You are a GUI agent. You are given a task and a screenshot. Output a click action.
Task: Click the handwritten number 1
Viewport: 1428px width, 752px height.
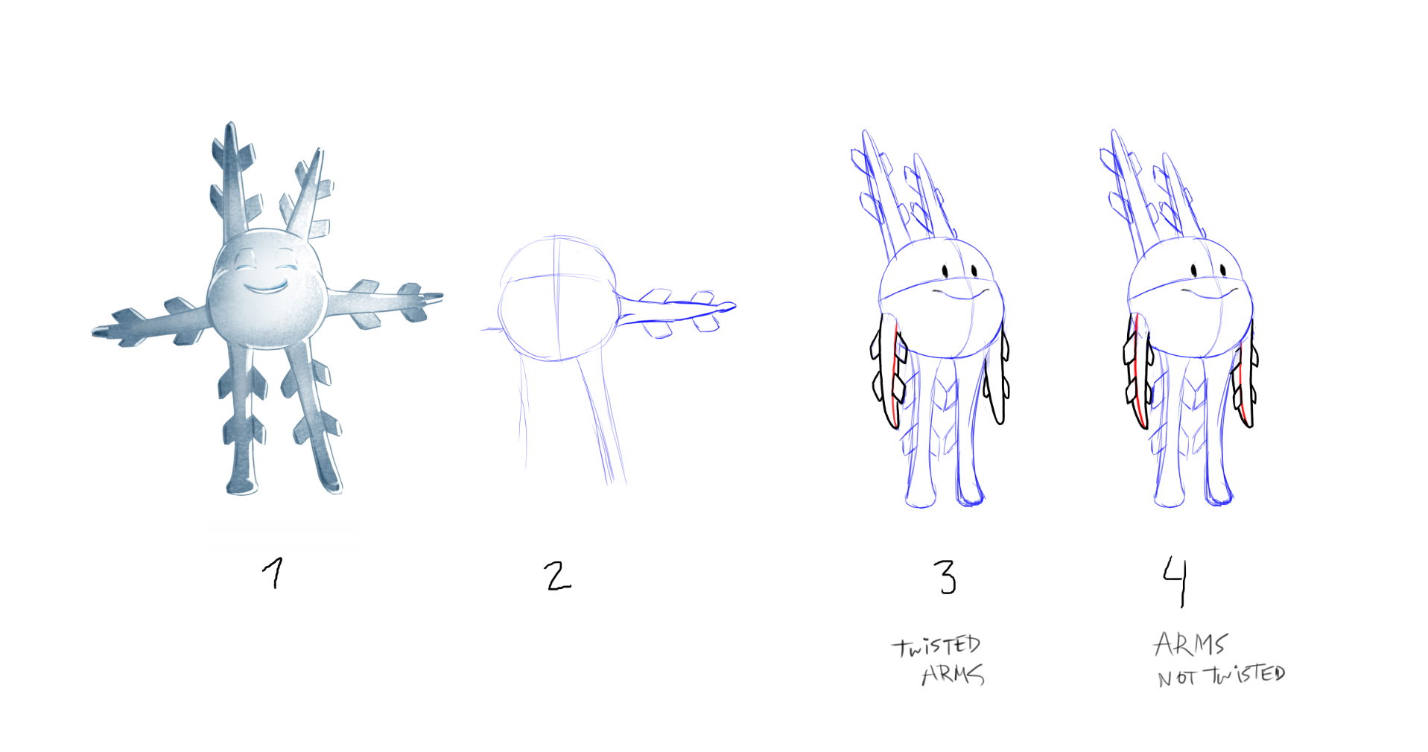click(x=274, y=573)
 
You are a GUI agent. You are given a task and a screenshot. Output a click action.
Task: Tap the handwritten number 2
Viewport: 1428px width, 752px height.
click(x=557, y=576)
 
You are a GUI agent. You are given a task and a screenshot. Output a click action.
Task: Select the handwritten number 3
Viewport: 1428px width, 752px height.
click(x=945, y=577)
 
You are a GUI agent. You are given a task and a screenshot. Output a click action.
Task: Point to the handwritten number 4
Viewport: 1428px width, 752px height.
click(x=1175, y=581)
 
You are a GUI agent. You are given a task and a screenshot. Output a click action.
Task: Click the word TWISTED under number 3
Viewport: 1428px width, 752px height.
click(x=936, y=646)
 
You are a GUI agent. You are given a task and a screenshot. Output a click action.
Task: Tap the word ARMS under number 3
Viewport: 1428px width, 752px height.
click(x=953, y=675)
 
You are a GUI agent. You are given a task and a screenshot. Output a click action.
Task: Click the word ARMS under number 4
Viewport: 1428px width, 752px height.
click(x=1190, y=644)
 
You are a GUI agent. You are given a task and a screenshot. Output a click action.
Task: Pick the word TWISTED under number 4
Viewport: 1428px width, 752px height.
click(x=1245, y=675)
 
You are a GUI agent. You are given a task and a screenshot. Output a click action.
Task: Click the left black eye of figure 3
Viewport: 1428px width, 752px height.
click(x=946, y=270)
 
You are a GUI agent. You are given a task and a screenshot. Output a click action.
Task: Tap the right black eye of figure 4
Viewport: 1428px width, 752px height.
click(x=1224, y=270)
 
